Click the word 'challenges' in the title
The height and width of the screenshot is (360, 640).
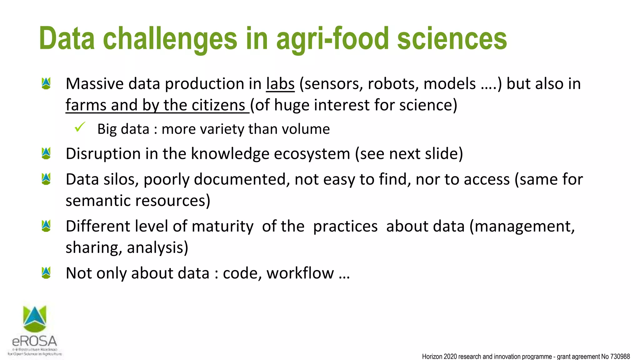pos(170,39)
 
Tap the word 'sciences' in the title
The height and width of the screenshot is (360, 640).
pos(452,39)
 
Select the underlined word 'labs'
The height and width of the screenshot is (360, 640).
pos(280,84)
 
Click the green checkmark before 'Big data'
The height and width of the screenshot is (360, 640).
pos(80,127)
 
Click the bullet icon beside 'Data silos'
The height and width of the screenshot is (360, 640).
pos(46,179)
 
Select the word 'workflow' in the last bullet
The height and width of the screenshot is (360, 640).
pos(300,273)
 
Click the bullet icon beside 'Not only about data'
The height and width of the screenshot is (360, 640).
pos(46,273)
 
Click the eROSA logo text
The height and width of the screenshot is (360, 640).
pos(35,341)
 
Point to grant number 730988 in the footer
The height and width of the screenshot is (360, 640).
pos(620,357)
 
